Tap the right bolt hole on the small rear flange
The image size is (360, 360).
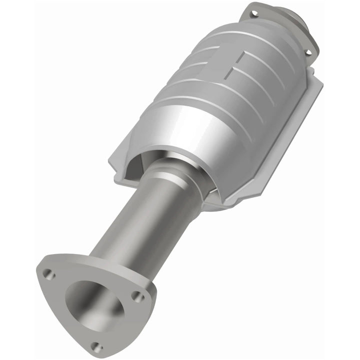coord(308,52)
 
